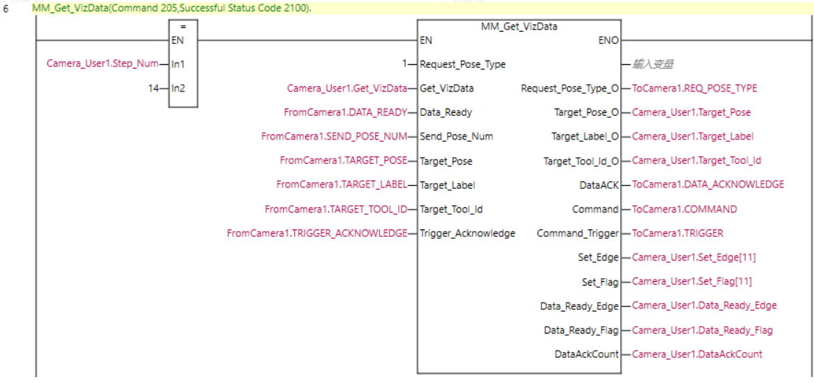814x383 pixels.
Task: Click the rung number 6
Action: (6, 9)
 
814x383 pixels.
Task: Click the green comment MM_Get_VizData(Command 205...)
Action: (172, 8)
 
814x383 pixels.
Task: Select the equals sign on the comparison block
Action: (183, 27)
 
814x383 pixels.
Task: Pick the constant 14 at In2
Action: (153, 89)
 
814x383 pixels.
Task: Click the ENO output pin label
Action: (609, 40)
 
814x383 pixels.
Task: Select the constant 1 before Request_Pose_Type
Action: (405, 64)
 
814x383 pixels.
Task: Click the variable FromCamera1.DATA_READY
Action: (346, 113)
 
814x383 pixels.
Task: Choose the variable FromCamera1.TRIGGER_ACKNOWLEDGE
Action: (317, 233)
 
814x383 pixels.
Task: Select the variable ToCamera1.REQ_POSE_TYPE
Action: (694, 89)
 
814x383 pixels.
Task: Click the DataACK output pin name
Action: (599, 185)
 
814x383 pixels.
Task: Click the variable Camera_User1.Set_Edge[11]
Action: (693, 258)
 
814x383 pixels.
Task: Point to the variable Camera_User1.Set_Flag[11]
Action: (692, 282)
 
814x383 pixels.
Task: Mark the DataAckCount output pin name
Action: (586, 354)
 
